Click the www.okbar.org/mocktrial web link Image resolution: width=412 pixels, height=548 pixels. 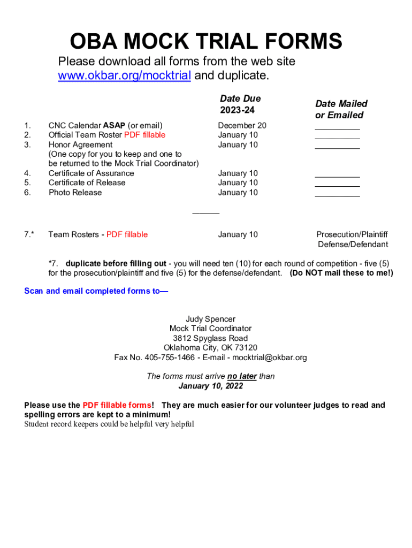tap(124, 76)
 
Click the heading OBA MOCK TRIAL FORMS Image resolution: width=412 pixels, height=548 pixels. tap(206, 42)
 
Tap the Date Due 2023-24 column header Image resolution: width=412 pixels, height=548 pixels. tap(240, 104)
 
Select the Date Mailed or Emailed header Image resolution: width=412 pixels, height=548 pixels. tap(341, 109)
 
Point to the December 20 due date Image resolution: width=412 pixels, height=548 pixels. tap(242, 126)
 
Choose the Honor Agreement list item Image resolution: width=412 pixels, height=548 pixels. tap(80, 144)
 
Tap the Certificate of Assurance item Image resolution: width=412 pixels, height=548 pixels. tap(91, 173)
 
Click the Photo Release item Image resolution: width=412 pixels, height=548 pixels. tap(75, 193)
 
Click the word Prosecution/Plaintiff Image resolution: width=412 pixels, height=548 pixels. tap(352, 234)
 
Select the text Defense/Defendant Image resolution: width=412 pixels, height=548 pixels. tap(353, 245)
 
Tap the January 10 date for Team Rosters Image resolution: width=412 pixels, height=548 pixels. tap(238, 234)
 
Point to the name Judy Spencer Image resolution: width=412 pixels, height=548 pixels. tap(210, 319)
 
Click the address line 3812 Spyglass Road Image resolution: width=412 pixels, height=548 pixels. tap(210, 338)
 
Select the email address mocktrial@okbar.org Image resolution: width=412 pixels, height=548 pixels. tap(269, 357)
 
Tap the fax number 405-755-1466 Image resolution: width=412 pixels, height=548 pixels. tap(170, 357)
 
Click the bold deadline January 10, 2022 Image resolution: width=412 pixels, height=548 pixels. tap(210, 386)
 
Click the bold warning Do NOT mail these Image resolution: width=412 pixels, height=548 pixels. tap(341, 273)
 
